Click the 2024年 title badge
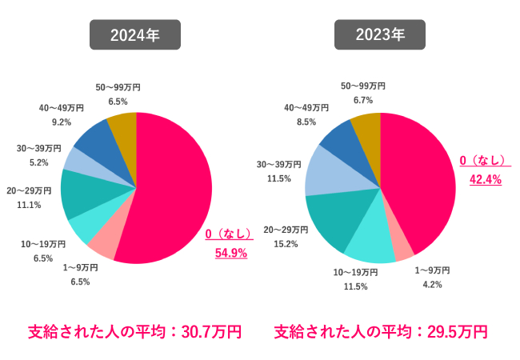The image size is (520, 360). click(134, 34)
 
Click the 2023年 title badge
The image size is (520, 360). click(380, 34)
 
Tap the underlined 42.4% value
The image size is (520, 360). click(485, 180)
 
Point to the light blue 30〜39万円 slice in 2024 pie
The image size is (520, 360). click(81, 160)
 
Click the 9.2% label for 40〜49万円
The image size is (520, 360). click(61, 122)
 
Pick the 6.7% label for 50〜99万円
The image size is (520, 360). click(363, 100)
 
